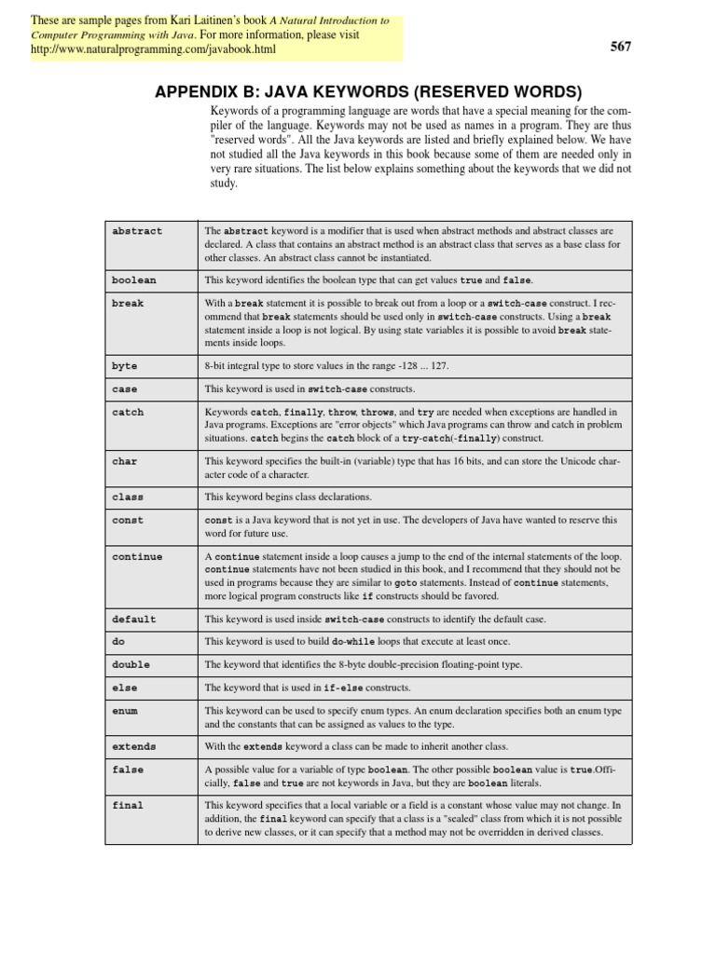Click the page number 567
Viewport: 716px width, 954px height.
(621, 48)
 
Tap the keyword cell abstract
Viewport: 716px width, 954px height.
(137, 231)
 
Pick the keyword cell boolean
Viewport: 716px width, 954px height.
(134, 280)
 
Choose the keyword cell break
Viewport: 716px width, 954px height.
(128, 304)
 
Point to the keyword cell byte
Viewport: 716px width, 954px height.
(124, 366)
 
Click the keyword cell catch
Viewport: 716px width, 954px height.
(128, 412)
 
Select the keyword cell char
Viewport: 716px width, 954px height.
(124, 460)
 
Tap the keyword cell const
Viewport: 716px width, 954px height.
(128, 521)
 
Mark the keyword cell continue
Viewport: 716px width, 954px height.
(137, 557)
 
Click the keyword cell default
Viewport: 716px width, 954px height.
(134, 620)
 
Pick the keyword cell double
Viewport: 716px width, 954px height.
(131, 665)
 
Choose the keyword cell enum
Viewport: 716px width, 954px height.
(124, 711)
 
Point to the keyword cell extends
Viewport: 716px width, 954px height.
(134, 747)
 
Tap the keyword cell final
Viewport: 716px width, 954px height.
(128, 806)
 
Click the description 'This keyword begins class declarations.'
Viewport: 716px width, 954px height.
(288, 497)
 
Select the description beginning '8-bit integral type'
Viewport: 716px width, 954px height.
(326, 366)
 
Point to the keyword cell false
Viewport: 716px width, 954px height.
(128, 770)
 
